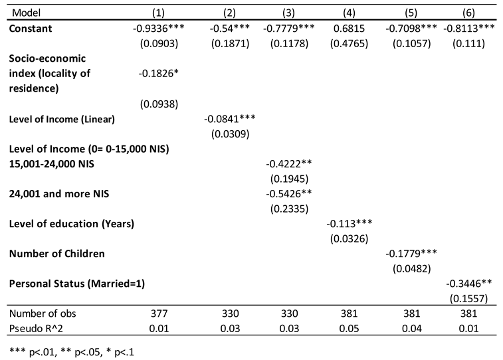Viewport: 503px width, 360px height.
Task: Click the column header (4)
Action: point(347,12)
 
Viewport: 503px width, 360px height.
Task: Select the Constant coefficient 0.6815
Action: point(347,29)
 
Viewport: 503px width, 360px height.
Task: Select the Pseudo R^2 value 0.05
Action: point(347,329)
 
